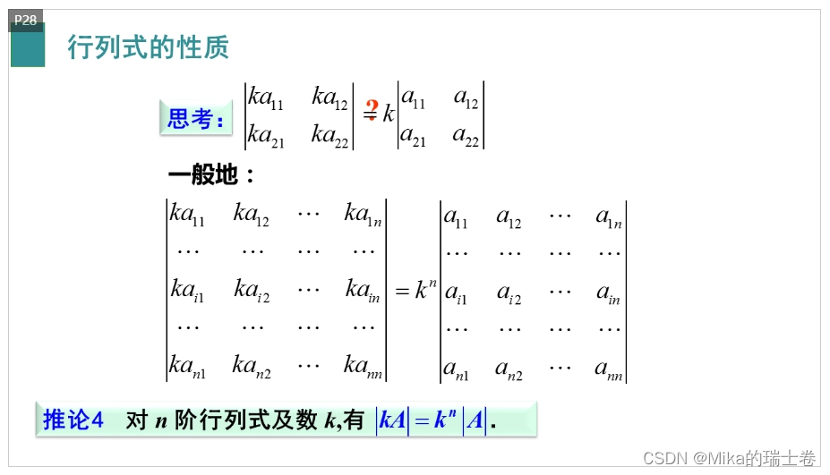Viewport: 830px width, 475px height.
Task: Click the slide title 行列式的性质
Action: click(x=149, y=47)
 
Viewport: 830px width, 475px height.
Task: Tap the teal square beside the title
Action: click(x=28, y=49)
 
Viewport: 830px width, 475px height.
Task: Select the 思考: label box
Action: click(x=195, y=118)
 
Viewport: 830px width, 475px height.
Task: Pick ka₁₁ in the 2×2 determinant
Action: click(x=266, y=98)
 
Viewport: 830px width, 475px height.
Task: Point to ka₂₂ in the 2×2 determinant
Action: click(x=329, y=135)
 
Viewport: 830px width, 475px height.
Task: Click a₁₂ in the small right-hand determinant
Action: click(x=466, y=98)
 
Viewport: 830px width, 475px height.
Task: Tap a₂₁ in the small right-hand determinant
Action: click(x=412, y=136)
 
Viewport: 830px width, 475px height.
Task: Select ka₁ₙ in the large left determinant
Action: click(x=364, y=214)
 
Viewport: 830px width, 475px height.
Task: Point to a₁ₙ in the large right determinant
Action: click(x=608, y=216)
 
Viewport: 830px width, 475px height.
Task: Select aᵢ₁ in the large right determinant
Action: click(x=456, y=293)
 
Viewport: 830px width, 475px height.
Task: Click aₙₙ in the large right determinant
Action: click(x=608, y=368)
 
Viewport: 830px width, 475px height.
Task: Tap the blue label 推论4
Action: click(x=73, y=420)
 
